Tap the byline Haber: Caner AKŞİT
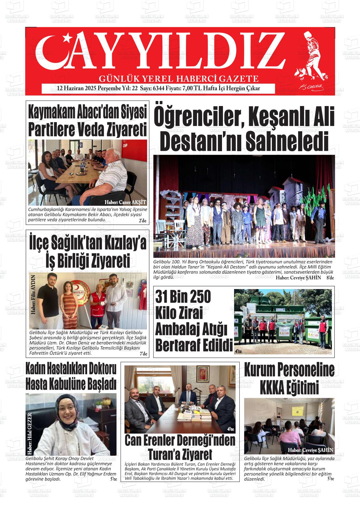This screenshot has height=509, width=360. (125, 202)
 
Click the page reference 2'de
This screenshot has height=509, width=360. (142, 221)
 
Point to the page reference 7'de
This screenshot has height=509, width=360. (143, 354)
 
